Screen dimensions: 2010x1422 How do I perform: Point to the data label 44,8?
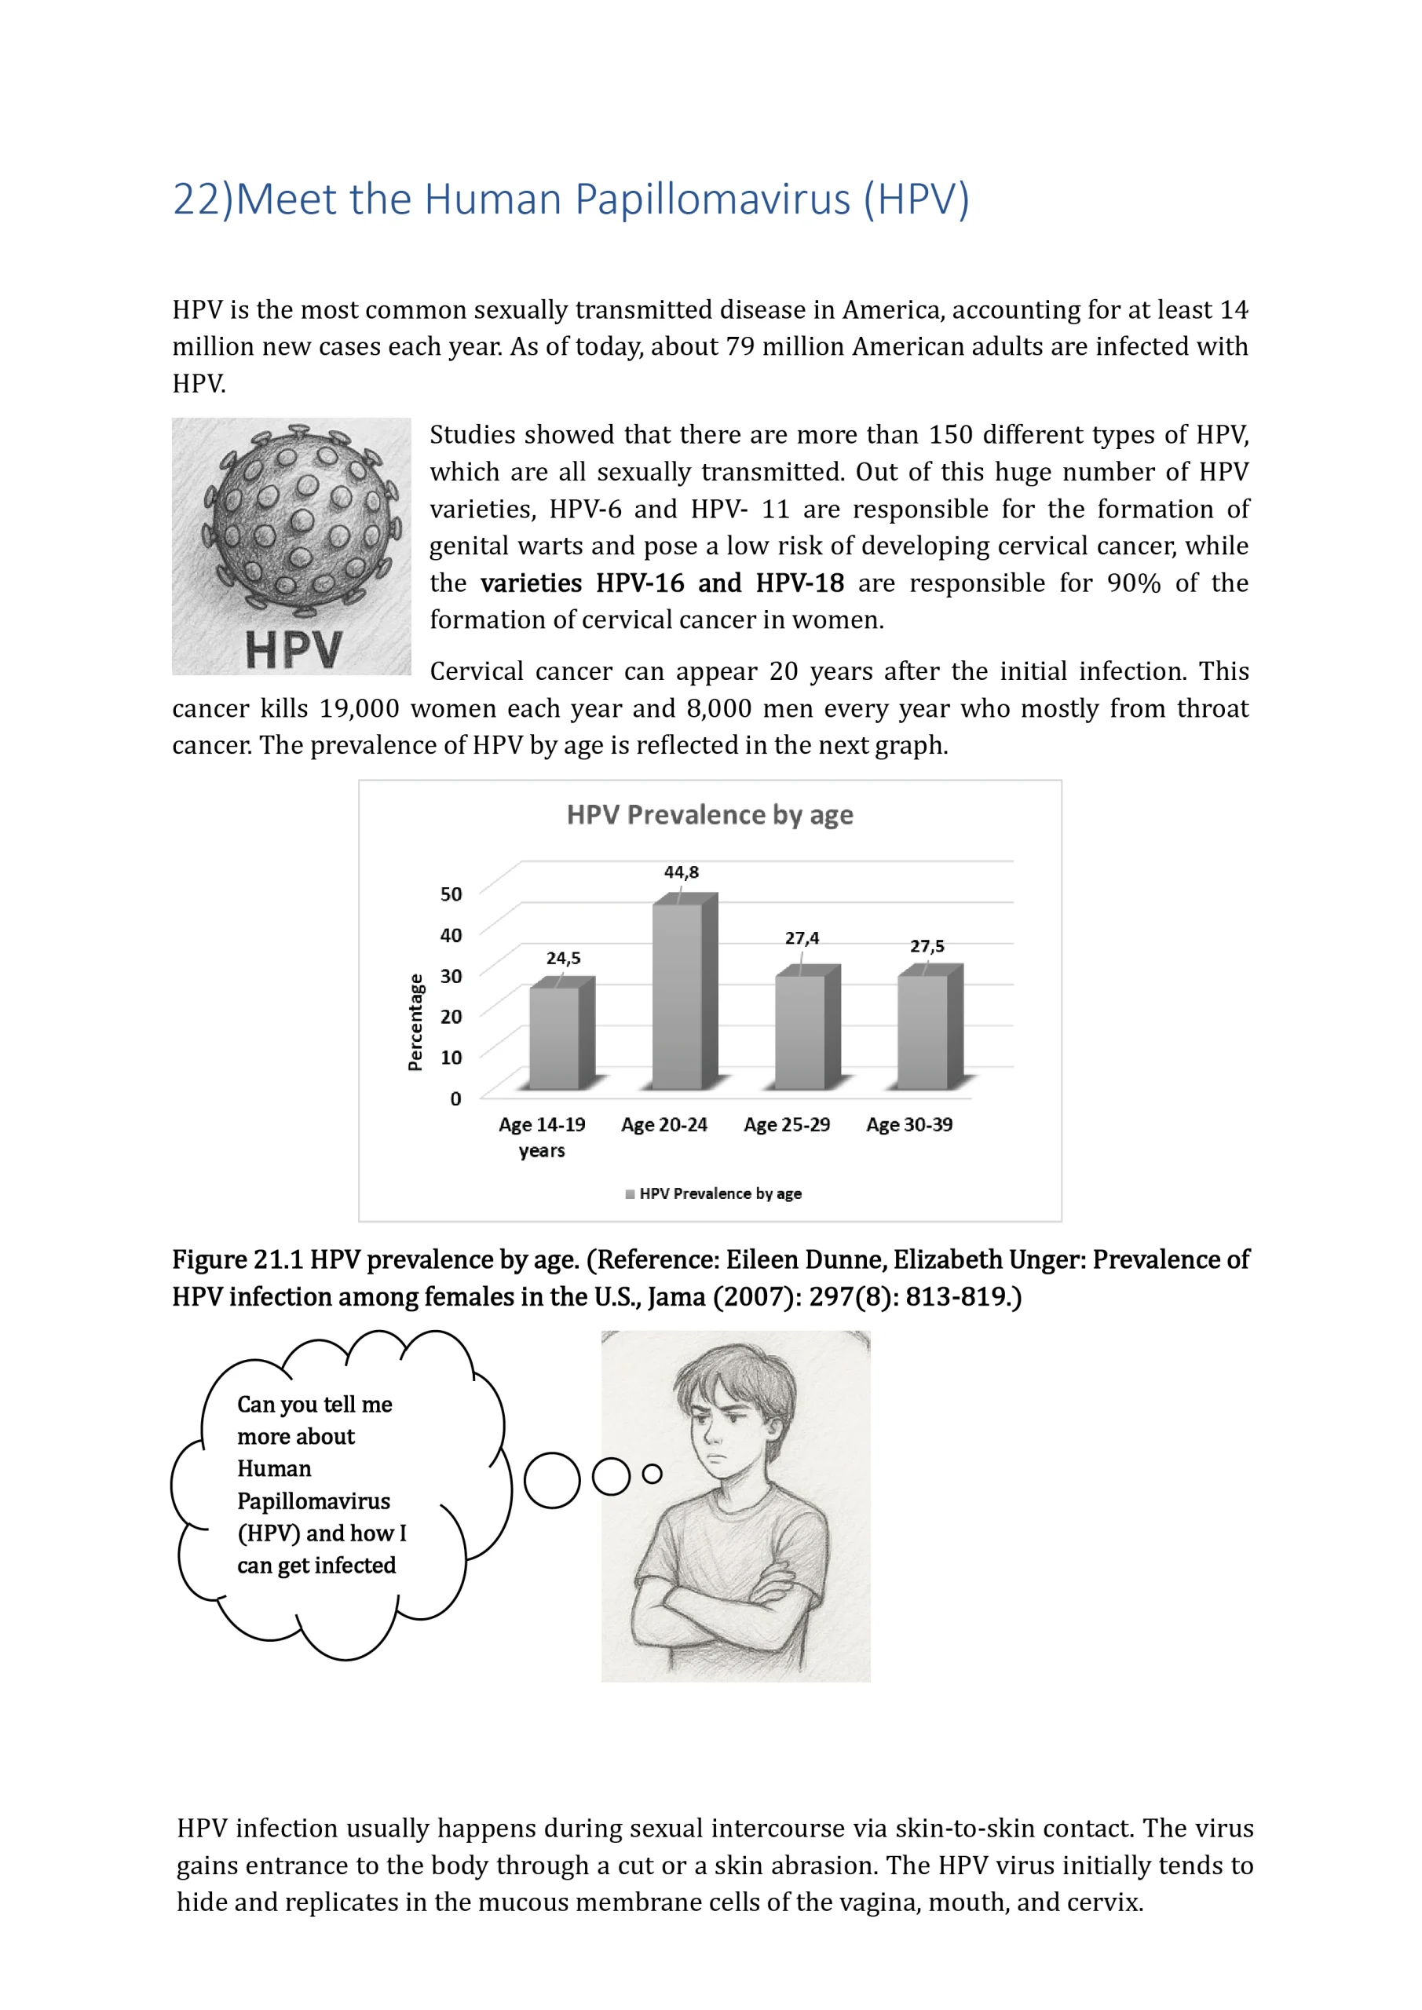pyautogui.click(x=682, y=872)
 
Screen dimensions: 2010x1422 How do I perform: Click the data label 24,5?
pyautogui.click(x=563, y=958)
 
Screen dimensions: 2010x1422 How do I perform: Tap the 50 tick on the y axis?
pyautogui.click(x=450, y=894)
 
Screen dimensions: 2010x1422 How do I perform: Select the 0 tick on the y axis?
pyautogui.click(x=455, y=1098)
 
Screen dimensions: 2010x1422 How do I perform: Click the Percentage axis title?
pyautogui.click(x=415, y=1021)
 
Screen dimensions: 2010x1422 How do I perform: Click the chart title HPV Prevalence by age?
pyautogui.click(x=709, y=815)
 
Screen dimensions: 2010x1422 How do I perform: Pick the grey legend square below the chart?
pyautogui.click(x=630, y=1194)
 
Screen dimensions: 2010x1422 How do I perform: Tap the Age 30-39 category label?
pyautogui.click(x=909, y=1125)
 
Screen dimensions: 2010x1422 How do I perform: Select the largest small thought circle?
pyautogui.click(x=552, y=1480)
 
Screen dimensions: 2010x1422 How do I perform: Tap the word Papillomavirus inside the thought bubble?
pyautogui.click(x=313, y=1501)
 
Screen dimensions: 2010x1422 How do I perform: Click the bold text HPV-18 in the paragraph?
pyautogui.click(x=799, y=583)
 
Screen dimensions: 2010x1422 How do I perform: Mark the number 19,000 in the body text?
pyautogui.click(x=359, y=708)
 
